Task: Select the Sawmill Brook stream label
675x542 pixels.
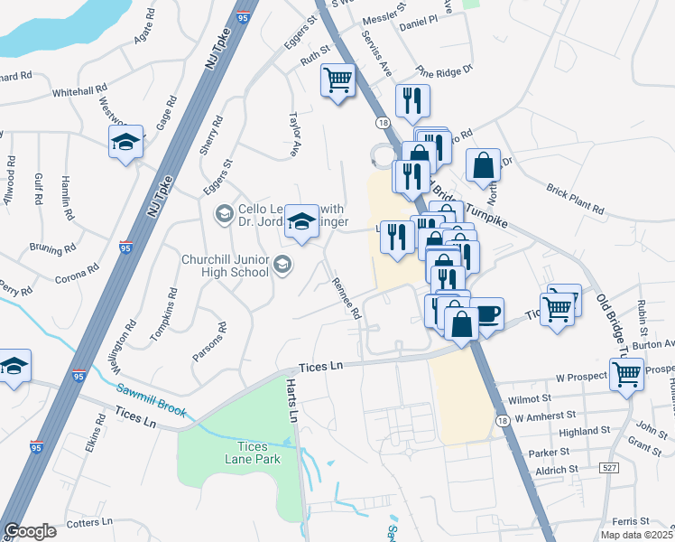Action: tap(151, 398)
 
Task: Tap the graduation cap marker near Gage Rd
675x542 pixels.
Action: tap(126, 141)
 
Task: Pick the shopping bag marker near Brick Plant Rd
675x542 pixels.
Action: tap(484, 164)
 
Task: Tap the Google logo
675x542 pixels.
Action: tap(30, 531)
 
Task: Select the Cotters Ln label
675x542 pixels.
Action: tap(89, 521)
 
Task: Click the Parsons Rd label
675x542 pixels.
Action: tap(208, 342)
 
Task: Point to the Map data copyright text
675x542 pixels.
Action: tap(637, 535)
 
